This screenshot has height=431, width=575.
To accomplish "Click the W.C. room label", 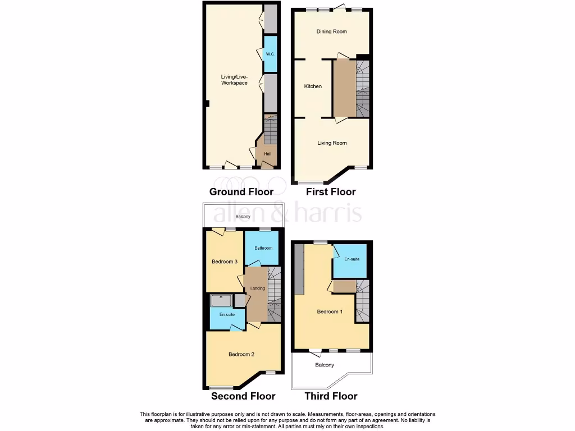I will pos(270,54).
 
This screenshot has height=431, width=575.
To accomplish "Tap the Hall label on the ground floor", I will pos(268,154).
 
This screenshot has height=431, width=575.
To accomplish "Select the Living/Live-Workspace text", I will pos(234,80).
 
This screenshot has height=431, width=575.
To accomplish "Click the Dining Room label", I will pos(332,31).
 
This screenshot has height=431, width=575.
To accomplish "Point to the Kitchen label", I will pos(313,86).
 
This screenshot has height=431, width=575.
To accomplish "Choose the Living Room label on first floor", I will pos(332,143).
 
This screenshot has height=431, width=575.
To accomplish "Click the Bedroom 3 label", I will pos(225,262).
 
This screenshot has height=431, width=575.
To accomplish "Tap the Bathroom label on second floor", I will pos(263,248).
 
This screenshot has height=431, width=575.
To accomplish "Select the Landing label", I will pos(258,288).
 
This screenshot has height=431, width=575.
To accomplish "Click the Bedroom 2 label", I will pos(241,354).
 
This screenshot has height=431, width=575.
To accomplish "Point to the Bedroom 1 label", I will pos(330,312).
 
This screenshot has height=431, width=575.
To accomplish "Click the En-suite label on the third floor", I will pos(352,259).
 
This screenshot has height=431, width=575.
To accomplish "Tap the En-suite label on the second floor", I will pos(226,315).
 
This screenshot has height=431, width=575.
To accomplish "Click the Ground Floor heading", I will pos(241,192).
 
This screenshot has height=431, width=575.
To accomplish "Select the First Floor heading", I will pos(331,192).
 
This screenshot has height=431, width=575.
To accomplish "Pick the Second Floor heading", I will pos(243,396).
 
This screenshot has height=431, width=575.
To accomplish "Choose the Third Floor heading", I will pos(331,396).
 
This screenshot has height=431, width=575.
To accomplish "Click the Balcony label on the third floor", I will pos(325,365).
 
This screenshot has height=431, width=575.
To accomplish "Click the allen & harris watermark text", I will pos(286,213).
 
